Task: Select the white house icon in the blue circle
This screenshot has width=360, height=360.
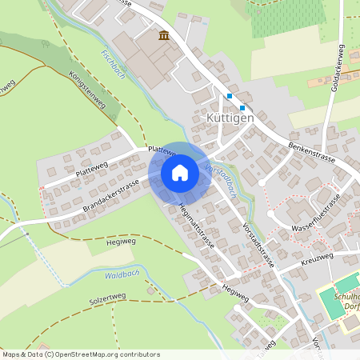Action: (180, 173)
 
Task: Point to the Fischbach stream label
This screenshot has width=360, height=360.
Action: (113, 65)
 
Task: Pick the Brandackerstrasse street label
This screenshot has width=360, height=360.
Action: (110, 196)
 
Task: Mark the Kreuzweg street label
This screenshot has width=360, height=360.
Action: (318, 259)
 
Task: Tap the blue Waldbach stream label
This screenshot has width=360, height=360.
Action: (121, 275)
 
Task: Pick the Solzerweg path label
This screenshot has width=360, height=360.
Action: (107, 301)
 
